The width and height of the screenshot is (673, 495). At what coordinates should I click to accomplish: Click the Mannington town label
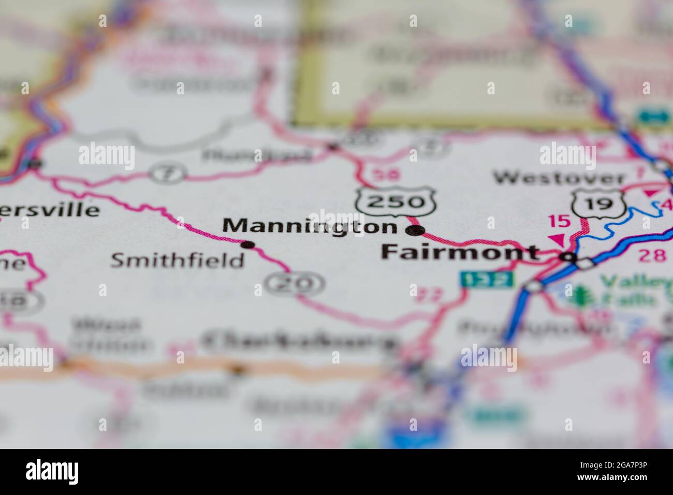tap(310, 226)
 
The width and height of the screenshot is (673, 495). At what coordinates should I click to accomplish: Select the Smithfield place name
tap(178, 260)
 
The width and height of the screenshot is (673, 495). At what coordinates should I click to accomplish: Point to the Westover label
tap(559, 179)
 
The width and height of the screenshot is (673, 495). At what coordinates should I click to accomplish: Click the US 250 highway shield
tap(396, 200)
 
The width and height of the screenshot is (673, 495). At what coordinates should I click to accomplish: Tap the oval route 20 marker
tap(295, 283)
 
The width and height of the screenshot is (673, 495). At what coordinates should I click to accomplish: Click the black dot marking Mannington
tap(415, 230)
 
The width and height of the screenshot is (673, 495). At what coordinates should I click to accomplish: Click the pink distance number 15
tap(559, 222)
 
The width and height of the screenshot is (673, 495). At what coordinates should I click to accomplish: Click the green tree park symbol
tap(580, 294)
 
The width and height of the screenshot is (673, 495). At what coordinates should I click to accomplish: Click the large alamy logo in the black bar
tap(52, 471)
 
